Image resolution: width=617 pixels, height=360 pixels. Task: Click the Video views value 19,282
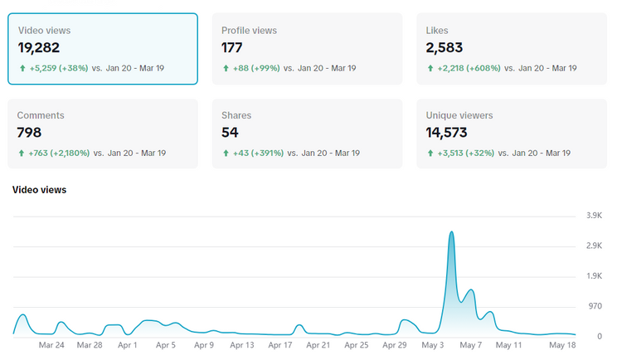38,48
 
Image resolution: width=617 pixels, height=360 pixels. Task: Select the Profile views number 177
231,48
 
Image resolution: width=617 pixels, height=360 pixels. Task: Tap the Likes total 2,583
445,48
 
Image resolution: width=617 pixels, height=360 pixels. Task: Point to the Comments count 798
29,133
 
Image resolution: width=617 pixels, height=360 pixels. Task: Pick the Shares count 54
230,133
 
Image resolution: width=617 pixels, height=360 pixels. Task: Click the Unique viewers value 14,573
446,133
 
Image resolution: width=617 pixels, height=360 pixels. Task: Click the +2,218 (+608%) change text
469,68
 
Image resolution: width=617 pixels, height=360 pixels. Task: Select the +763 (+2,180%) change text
59,153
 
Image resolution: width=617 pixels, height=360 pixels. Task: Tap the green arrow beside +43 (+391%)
226,153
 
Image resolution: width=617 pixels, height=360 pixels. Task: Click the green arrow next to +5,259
22,68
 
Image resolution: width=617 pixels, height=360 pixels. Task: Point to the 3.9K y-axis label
594,216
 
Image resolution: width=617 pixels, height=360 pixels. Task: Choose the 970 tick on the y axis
595,306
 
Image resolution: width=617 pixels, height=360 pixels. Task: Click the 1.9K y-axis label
594,275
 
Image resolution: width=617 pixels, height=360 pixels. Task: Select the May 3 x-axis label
432,345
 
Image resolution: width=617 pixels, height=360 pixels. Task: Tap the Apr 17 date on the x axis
280,345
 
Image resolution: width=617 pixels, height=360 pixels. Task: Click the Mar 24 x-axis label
51,345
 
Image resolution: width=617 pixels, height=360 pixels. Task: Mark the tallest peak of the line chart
451,231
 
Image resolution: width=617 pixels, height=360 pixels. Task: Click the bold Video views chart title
39,190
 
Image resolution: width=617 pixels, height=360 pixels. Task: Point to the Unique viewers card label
459,115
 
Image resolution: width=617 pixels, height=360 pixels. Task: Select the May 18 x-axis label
562,345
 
